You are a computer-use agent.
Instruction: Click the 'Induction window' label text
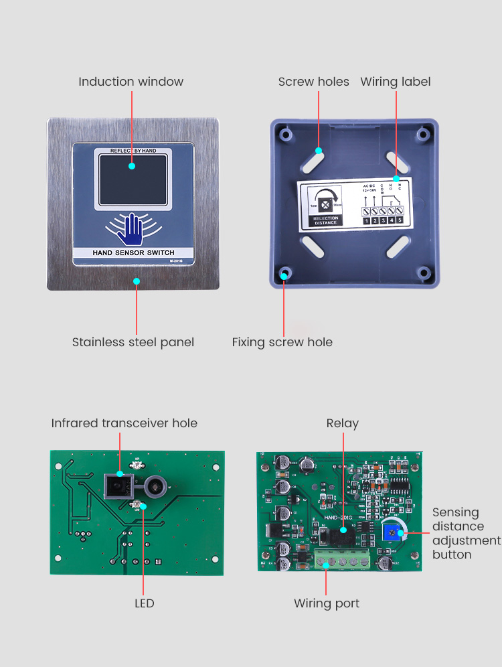coord(131,82)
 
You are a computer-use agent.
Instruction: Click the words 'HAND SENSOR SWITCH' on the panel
coord(133,253)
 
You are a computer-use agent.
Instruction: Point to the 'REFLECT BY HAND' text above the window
coord(133,151)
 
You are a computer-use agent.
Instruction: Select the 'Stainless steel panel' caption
coord(133,342)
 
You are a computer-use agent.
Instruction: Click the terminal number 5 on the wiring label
coord(400,220)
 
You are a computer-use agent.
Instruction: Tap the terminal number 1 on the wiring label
coord(367,220)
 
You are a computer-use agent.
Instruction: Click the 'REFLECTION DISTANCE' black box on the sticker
coord(326,220)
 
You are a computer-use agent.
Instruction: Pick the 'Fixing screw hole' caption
coord(282,342)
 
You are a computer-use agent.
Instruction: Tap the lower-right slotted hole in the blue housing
coord(398,246)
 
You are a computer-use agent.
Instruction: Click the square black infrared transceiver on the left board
coord(118,484)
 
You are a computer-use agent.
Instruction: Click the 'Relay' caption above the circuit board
coord(342,423)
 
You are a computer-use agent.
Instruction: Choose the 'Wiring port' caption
coord(327,603)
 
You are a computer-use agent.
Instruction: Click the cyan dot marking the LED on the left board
coord(143,506)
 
